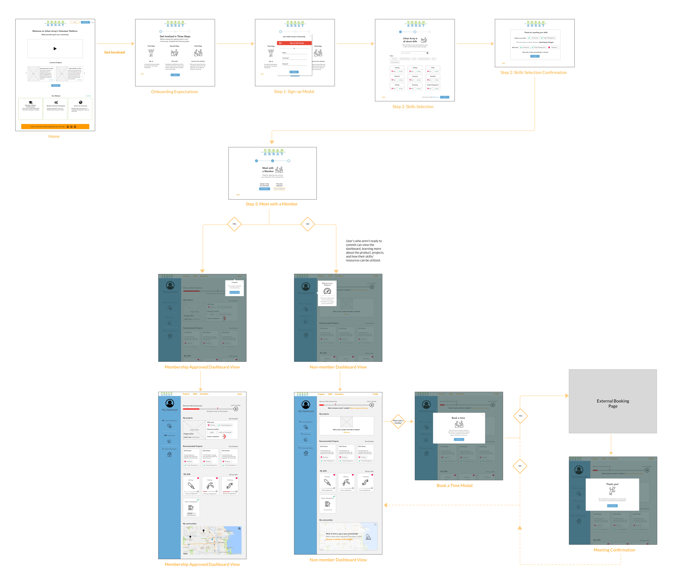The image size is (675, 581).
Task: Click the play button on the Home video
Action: [55, 49]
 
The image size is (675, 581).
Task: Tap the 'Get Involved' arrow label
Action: [114, 52]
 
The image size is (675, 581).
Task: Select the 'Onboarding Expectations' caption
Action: [174, 92]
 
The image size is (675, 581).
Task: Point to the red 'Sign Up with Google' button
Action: [295, 43]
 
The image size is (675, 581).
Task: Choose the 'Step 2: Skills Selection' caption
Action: [413, 106]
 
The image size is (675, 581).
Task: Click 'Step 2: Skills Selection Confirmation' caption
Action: [533, 73]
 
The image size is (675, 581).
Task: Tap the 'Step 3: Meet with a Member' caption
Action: [271, 204]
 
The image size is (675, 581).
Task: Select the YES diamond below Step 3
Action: [234, 224]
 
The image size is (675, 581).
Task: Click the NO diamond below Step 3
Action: [308, 224]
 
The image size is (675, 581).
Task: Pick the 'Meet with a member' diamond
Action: [398, 422]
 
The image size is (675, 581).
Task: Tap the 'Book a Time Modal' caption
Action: [454, 486]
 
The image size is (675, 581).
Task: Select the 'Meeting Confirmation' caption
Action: [614, 550]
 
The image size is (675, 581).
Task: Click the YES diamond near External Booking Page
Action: [520, 416]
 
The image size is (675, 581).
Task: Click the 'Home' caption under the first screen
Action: [54, 136]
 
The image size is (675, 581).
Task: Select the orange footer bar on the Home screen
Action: [55, 126]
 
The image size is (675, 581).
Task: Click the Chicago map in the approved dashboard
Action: [212, 540]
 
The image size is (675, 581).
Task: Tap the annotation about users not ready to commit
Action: [364, 251]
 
